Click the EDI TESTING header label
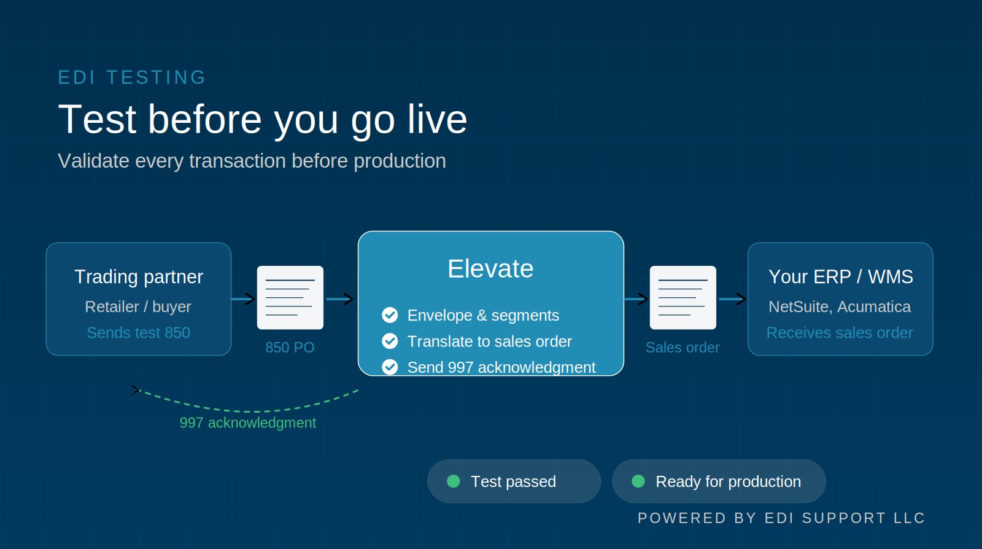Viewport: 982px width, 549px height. click(x=132, y=77)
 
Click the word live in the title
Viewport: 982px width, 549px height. click(x=437, y=119)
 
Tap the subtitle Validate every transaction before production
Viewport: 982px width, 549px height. click(x=252, y=161)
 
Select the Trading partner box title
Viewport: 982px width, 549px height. click(x=139, y=277)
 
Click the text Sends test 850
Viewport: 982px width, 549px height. click(x=139, y=332)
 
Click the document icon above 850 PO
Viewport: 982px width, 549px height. click(x=290, y=297)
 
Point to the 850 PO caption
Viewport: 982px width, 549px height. click(x=290, y=348)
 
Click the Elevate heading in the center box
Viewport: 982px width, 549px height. click(x=490, y=269)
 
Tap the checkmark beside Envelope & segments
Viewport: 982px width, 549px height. click(x=390, y=315)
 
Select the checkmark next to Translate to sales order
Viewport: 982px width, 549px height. click(x=390, y=341)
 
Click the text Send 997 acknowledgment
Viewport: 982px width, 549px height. click(x=501, y=367)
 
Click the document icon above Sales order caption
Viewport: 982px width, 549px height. click(x=682, y=297)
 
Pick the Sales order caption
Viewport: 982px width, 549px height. click(x=682, y=348)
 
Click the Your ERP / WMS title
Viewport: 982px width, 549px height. click(x=840, y=277)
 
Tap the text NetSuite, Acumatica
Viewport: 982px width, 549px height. click(x=840, y=306)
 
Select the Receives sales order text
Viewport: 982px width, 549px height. click(x=840, y=332)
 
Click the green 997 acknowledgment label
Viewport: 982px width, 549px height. click(x=247, y=422)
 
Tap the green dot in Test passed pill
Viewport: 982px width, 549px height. click(x=454, y=481)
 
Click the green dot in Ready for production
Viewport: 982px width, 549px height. click(x=638, y=481)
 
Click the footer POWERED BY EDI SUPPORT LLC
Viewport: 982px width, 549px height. click(x=781, y=518)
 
